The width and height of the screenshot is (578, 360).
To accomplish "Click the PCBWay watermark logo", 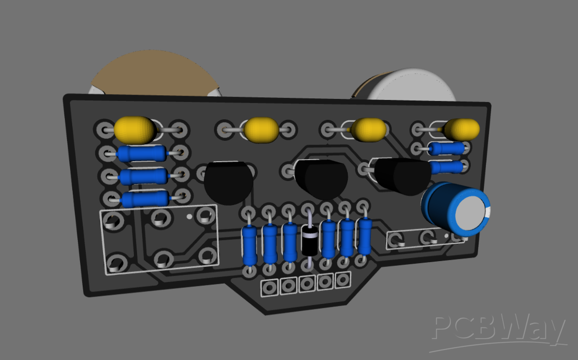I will coord(500,331).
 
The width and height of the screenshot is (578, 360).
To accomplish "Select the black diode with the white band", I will coord(309,240).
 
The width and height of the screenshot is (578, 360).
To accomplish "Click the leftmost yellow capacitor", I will coord(134,129).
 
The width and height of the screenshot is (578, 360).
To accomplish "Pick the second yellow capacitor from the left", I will coord(262,130).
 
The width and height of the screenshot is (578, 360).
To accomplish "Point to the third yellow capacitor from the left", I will coord(369,129).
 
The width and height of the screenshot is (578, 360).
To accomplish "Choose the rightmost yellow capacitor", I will coord(462,129).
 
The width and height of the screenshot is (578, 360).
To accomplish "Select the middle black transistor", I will coord(320,179).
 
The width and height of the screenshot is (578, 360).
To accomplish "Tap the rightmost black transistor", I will coord(402,175).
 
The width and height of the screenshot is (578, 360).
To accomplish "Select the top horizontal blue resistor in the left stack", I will coord(141,153).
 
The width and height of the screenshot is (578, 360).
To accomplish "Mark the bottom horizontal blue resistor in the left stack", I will coord(144,199).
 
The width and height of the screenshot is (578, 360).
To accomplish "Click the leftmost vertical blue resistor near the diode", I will coord(250,245).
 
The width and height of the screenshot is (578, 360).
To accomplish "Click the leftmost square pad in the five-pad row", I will coord(270,287).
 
